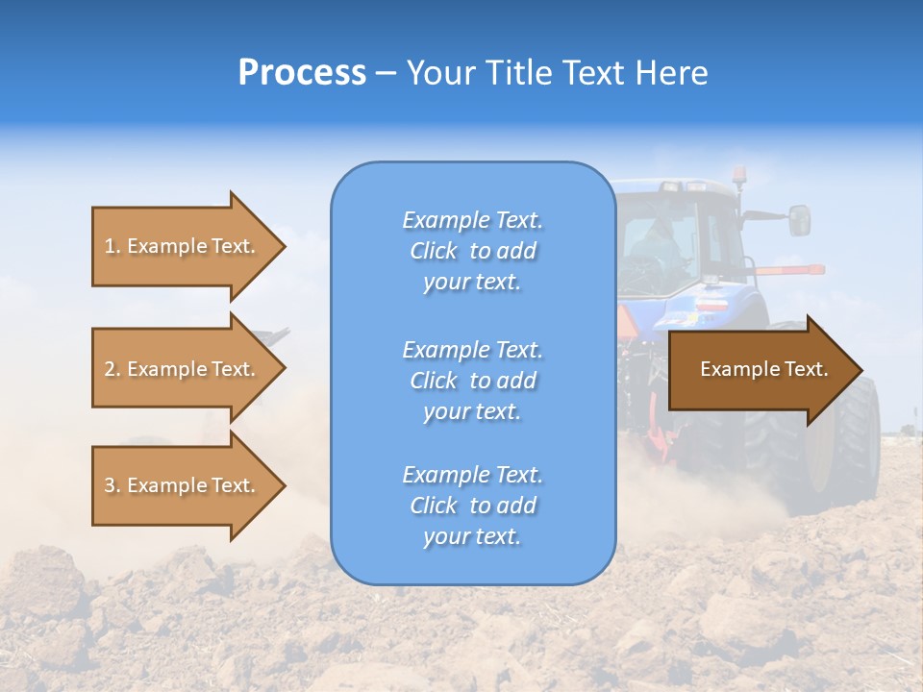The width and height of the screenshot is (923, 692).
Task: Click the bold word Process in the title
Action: pyautogui.click(x=302, y=72)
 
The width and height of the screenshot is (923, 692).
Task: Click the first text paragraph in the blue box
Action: pyautogui.click(x=472, y=251)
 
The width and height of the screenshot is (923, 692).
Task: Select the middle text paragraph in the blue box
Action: pyautogui.click(x=472, y=380)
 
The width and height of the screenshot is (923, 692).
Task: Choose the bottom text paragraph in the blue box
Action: pyautogui.click(x=472, y=506)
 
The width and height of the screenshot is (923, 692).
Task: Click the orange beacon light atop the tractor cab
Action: pyautogui.click(x=740, y=175)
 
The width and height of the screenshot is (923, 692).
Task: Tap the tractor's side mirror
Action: pyautogui.click(x=799, y=220)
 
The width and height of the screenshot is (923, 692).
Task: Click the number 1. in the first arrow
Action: pyautogui.click(x=112, y=246)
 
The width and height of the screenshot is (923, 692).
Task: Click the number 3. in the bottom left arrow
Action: pyautogui.click(x=112, y=485)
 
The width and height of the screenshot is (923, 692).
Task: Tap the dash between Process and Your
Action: pyautogui.click(x=386, y=73)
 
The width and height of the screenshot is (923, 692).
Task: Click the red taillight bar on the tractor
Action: pyautogui.click(x=788, y=270)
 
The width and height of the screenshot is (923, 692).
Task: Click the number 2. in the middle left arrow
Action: pyautogui.click(x=112, y=369)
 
